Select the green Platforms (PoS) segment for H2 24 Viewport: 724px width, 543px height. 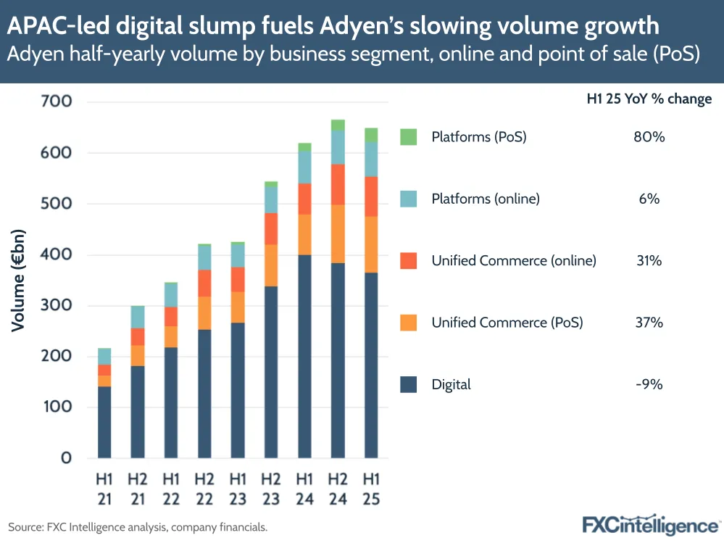(338, 125)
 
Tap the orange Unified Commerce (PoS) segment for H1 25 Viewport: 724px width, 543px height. (371, 244)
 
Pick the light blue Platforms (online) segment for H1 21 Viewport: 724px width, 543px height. (104, 357)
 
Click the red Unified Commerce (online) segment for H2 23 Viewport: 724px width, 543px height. (271, 228)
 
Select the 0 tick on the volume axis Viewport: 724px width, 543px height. (65, 458)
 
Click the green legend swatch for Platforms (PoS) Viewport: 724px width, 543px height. (409, 136)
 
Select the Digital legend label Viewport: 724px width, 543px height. (451, 384)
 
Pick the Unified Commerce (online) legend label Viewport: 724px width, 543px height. (514, 260)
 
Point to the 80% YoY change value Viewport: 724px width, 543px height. (648, 136)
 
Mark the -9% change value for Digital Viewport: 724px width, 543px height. (648, 384)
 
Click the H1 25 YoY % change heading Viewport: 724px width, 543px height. (649, 99)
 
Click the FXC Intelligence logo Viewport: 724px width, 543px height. (652, 523)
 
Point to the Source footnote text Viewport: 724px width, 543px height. (138, 527)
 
